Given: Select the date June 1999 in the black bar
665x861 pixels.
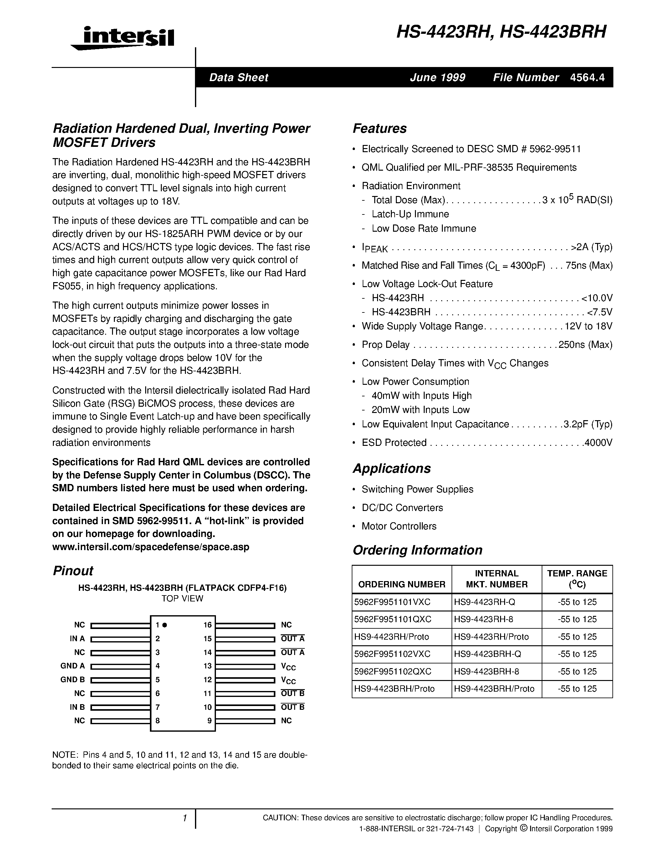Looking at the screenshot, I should click(x=437, y=78).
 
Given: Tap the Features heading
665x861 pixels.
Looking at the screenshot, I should click(x=379, y=128).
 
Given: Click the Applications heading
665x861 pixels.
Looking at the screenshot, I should click(x=391, y=468).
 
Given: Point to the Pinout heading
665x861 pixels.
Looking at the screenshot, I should click(x=73, y=571).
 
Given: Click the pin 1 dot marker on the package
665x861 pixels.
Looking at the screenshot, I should click(x=165, y=625).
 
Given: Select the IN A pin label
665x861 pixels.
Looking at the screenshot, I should click(x=77, y=639).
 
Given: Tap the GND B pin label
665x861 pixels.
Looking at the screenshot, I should click(x=73, y=680).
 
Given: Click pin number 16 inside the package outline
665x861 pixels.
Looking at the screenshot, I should click(x=207, y=625).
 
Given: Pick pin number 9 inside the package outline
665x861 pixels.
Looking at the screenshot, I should click(x=210, y=721).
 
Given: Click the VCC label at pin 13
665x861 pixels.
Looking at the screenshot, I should click(x=288, y=667).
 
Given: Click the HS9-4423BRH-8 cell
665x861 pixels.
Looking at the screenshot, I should click(x=487, y=671).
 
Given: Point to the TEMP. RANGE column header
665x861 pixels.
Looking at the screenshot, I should click(x=577, y=579).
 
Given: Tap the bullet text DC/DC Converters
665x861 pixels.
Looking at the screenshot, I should click(x=402, y=508).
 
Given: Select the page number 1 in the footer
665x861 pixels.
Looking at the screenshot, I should click(x=184, y=818).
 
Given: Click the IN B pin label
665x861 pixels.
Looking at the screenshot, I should click(x=77, y=707).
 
